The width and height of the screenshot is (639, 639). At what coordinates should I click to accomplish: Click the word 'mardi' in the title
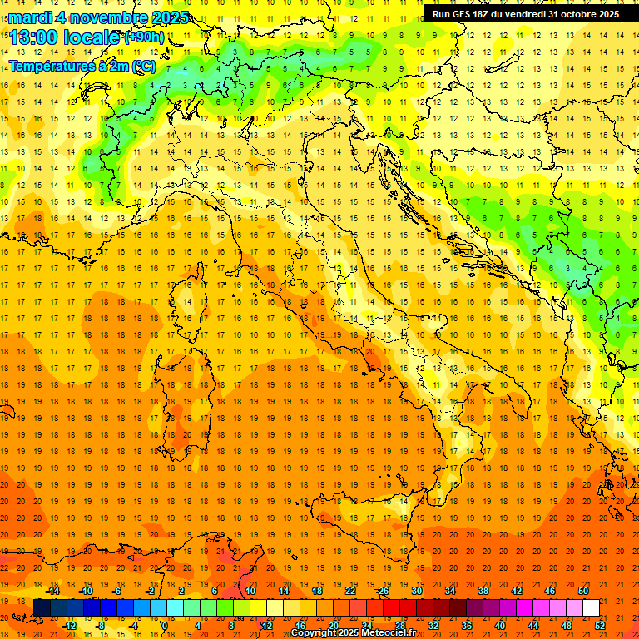28,17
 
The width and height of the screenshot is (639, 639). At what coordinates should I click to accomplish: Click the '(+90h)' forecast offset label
144,37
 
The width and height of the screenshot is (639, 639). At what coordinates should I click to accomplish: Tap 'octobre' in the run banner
569,14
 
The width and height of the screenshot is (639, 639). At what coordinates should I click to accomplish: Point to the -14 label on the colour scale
52,591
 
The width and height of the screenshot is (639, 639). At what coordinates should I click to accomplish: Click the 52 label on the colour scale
600,626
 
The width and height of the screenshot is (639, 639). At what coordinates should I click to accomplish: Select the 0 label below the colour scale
164,626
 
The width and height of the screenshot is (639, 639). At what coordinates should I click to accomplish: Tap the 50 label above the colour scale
583,591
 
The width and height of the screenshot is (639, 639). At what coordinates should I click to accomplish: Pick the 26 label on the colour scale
384,591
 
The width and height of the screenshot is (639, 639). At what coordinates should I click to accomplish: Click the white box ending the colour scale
591,608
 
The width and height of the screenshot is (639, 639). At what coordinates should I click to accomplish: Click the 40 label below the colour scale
500,626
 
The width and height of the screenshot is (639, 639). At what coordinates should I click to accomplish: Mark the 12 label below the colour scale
267,626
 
